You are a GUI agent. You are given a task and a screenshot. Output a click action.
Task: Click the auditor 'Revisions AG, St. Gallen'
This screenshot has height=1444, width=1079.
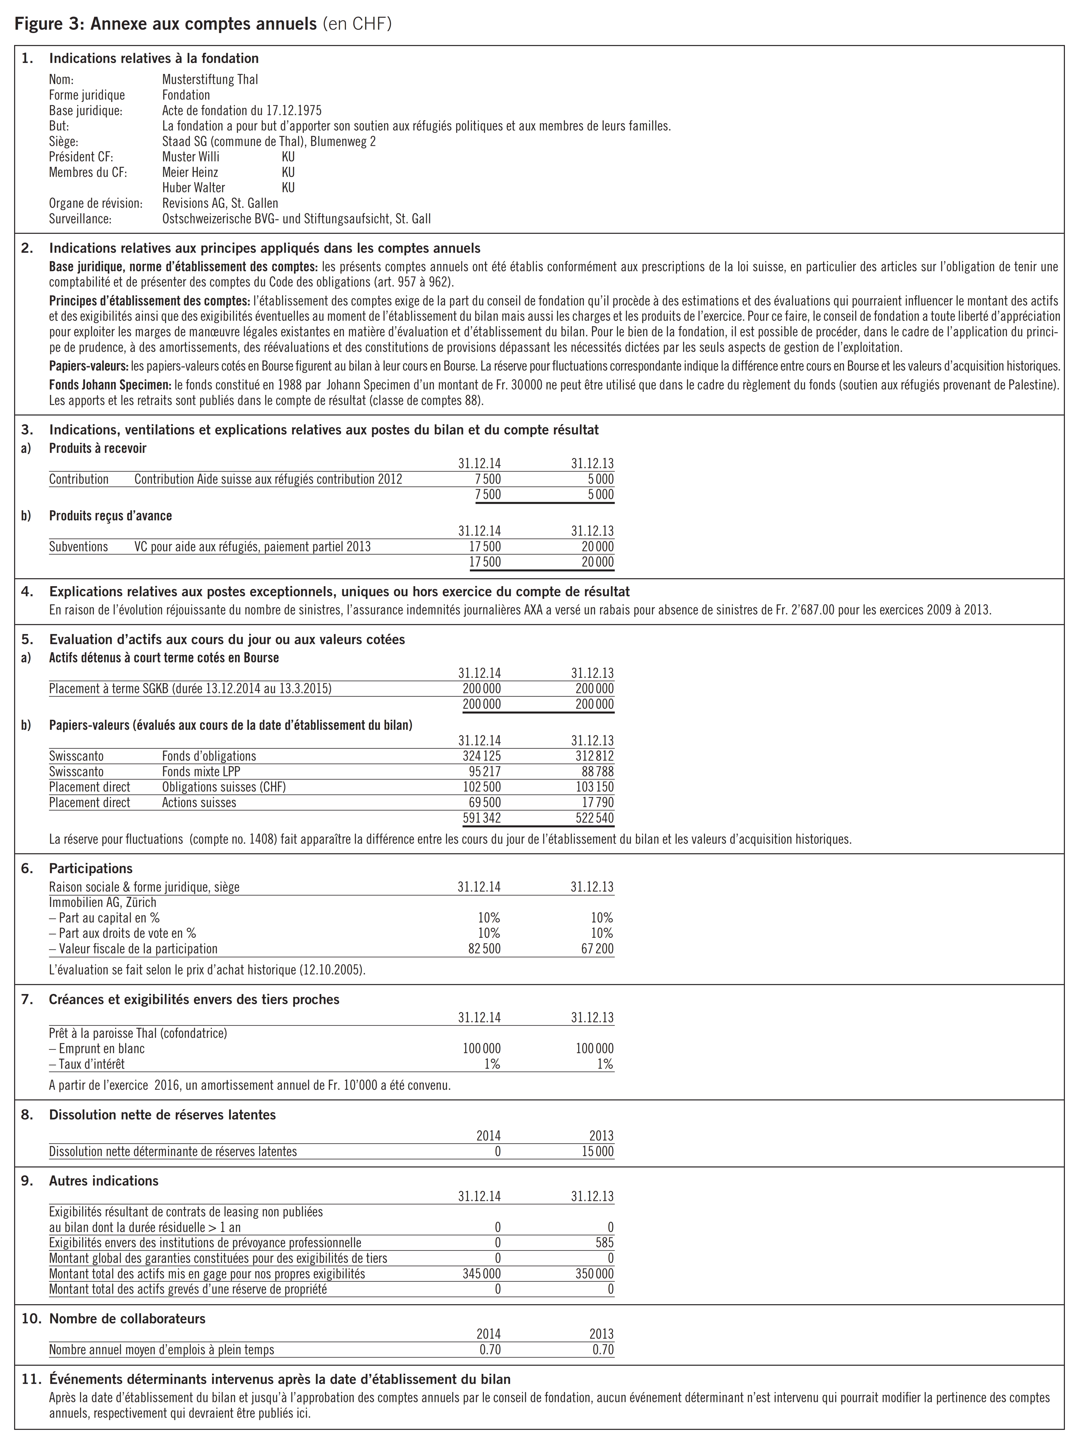220,203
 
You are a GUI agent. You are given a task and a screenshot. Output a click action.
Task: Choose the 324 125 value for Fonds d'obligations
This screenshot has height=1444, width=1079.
482,756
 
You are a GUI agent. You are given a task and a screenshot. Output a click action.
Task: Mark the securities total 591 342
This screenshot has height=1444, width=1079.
482,818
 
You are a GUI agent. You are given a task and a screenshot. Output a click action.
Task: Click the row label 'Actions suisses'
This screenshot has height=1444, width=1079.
199,802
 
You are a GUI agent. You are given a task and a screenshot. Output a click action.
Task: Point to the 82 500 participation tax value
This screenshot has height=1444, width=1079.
484,949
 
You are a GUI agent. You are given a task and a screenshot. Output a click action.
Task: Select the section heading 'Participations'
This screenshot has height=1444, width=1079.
91,868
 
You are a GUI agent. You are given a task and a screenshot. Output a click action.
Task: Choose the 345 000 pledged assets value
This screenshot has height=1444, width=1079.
482,1274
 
